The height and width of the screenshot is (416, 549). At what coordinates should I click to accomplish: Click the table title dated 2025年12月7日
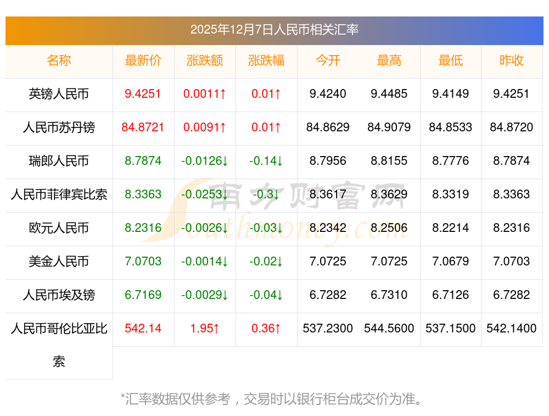click(x=274, y=30)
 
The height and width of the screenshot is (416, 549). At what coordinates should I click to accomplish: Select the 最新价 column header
click(x=143, y=60)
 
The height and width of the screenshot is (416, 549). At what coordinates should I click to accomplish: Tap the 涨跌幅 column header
click(x=266, y=60)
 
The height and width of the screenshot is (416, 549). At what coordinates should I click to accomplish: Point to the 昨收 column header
click(x=512, y=60)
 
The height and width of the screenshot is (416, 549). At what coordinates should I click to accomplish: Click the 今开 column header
click(x=328, y=60)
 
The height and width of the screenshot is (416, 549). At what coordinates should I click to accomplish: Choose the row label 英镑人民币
click(x=59, y=94)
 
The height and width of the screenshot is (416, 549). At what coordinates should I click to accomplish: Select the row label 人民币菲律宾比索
click(x=59, y=194)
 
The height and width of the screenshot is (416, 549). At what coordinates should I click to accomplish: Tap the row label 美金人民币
click(x=59, y=261)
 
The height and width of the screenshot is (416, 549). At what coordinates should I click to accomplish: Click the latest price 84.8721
click(x=143, y=127)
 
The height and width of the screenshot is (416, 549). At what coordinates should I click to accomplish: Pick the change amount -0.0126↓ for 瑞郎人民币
click(x=205, y=161)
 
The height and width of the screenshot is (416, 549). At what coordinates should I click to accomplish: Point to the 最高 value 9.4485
click(x=389, y=94)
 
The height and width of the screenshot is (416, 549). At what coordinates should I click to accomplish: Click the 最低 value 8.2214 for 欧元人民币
click(x=451, y=228)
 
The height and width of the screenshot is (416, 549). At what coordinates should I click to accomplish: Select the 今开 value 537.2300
click(x=328, y=329)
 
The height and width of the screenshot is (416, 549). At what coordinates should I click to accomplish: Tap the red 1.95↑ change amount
click(x=205, y=329)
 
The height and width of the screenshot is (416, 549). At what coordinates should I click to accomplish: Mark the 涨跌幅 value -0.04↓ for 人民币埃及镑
click(x=266, y=295)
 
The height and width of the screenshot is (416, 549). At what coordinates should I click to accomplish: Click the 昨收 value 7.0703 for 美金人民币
click(x=512, y=261)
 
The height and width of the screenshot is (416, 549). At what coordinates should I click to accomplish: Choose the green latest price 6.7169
click(x=143, y=295)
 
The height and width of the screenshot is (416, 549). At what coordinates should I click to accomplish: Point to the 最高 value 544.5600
click(x=389, y=329)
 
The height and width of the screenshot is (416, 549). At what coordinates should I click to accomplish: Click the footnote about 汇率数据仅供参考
click(x=272, y=398)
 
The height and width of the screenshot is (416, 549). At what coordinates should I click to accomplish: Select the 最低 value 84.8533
click(x=451, y=127)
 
